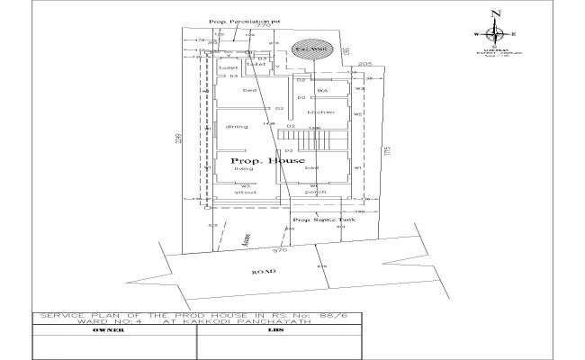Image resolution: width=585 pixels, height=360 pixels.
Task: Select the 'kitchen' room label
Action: coord(320,112)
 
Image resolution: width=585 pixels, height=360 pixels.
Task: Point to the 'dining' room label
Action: coord(236,127)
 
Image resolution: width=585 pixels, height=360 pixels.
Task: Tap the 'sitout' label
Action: coord(246,193)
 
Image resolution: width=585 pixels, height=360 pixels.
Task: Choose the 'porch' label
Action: coord(315,193)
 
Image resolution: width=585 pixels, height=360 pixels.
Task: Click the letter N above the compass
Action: coord(494,13)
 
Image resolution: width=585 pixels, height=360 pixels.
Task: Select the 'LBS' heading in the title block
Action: coord(274,331)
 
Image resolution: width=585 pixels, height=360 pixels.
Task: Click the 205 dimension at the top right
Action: coord(364,65)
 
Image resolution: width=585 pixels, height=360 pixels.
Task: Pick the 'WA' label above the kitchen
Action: coord(321,91)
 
